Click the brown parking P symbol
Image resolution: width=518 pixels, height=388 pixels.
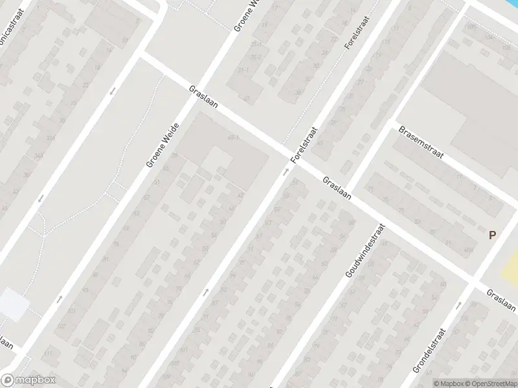492,236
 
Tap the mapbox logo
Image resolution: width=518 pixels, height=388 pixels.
28,380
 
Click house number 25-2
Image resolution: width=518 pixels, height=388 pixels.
259,57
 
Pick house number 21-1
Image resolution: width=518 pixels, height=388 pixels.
257,44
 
